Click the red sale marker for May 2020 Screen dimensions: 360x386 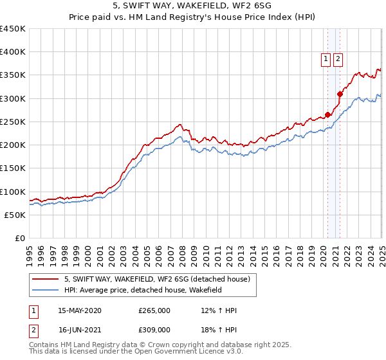[327, 115]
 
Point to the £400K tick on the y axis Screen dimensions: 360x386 [13, 52]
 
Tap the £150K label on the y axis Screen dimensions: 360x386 [13, 168]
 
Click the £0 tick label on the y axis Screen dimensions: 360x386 [21, 239]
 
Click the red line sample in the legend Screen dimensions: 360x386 [46, 279]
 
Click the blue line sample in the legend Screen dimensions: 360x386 [46, 290]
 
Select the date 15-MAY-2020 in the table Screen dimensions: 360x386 [79, 310]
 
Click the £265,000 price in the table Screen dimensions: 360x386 [154, 310]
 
